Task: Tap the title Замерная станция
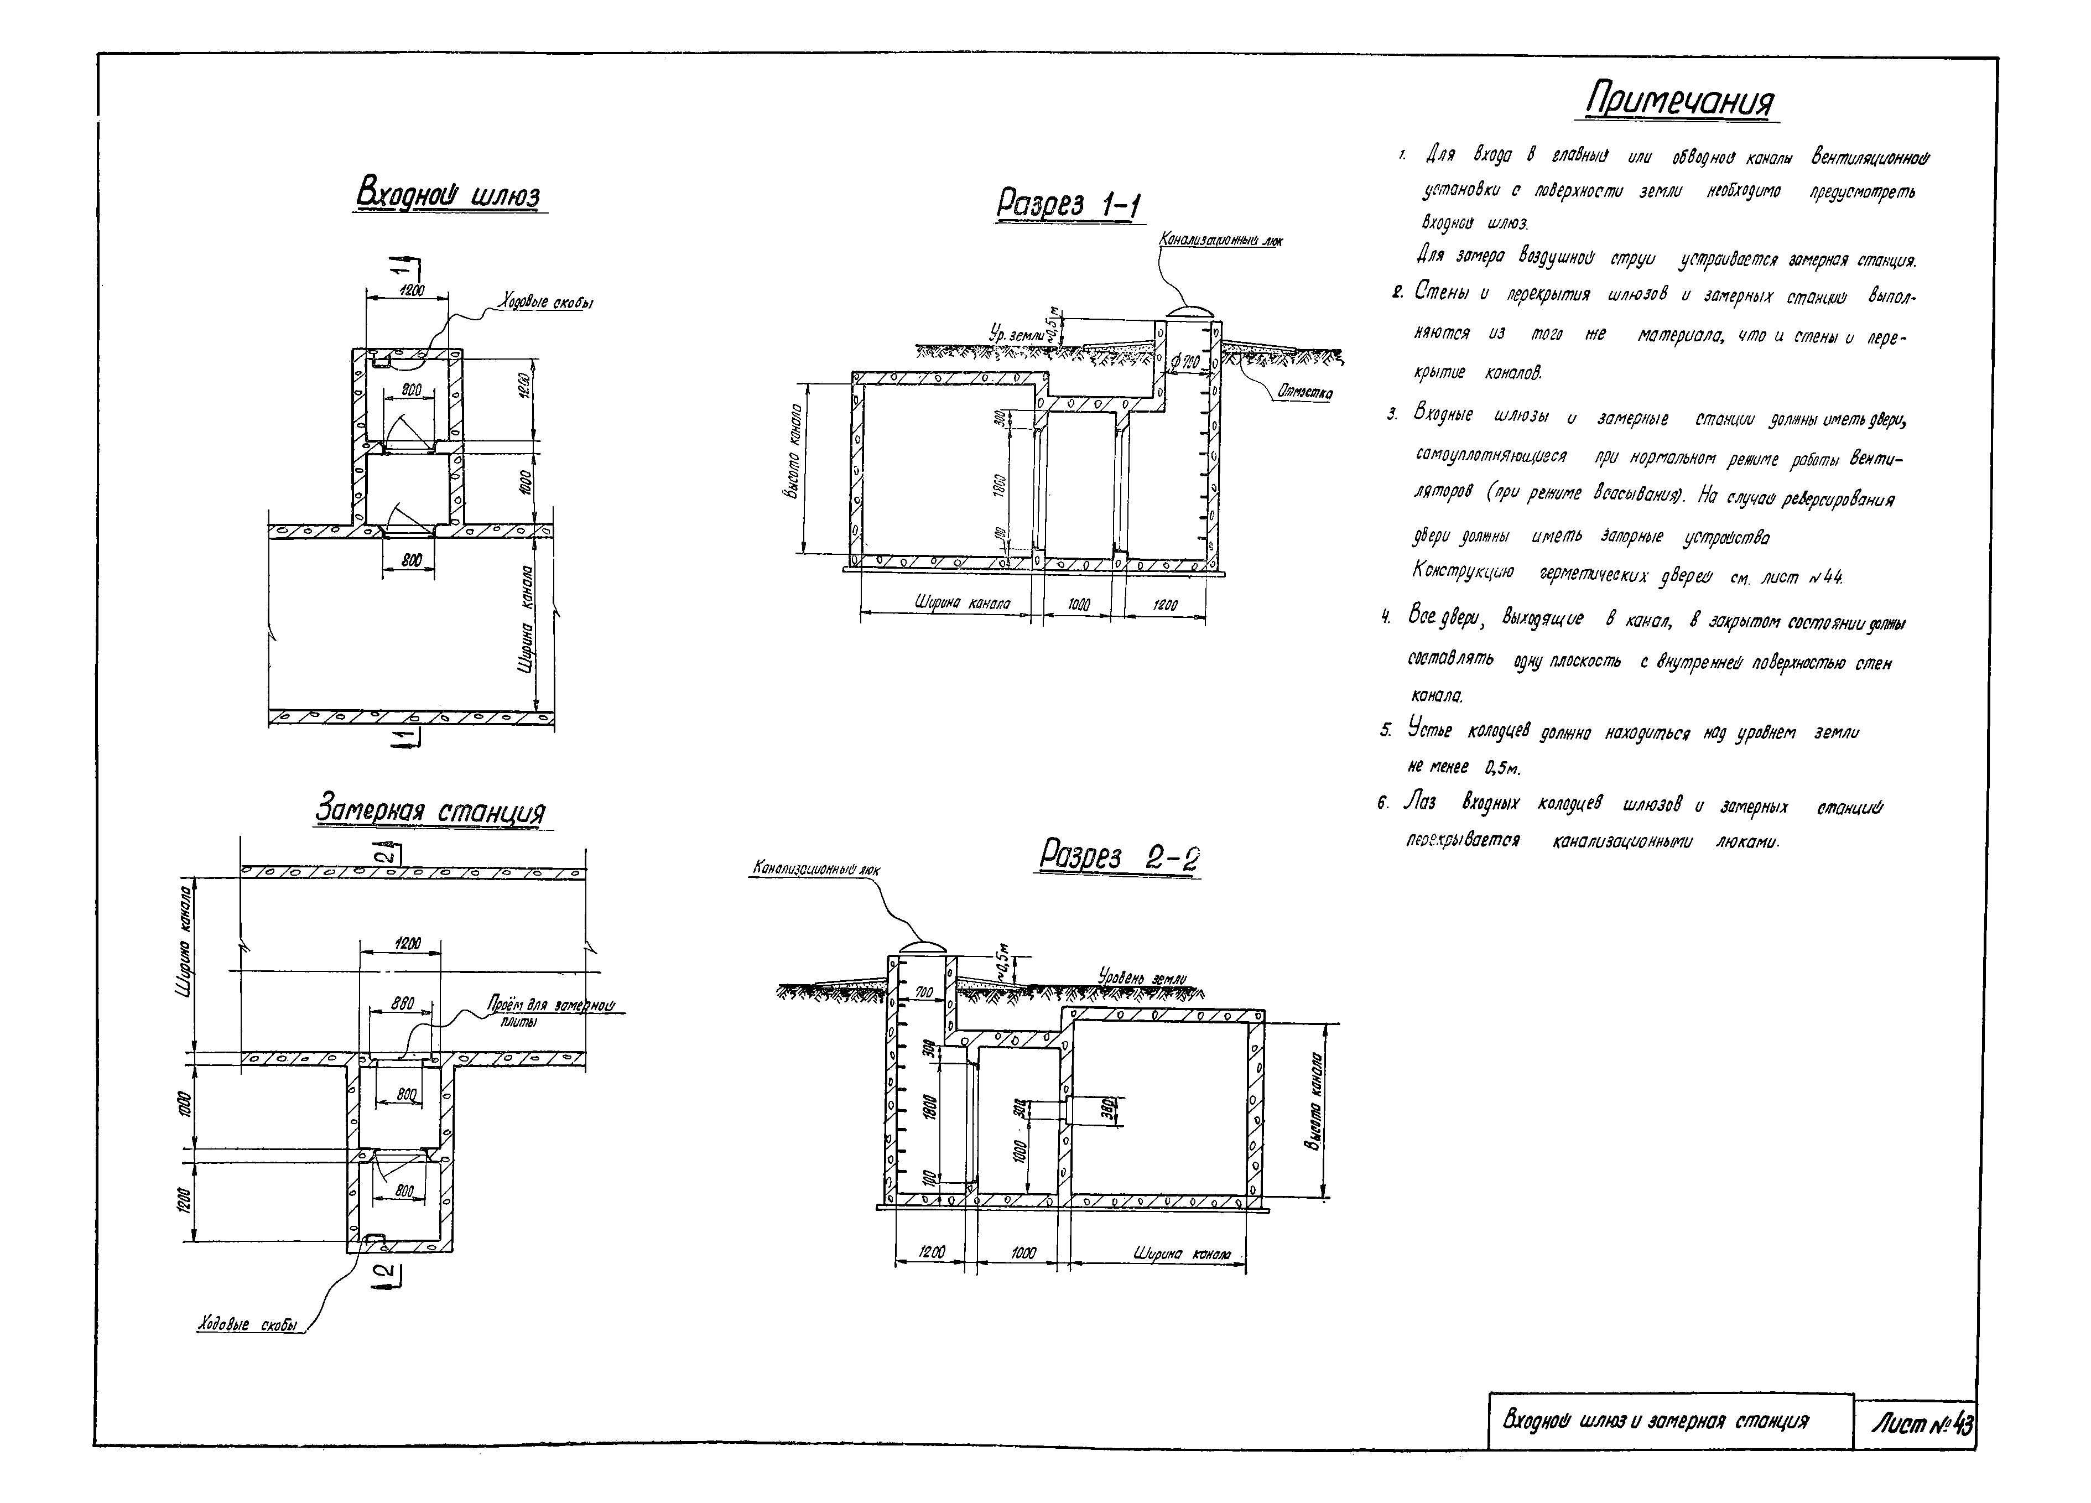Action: tap(430, 810)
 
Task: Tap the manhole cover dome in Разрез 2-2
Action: tap(922, 947)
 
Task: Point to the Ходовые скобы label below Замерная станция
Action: tap(248, 1325)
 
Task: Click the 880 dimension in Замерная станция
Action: tap(403, 1003)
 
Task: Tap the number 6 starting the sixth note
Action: tap(1383, 804)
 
